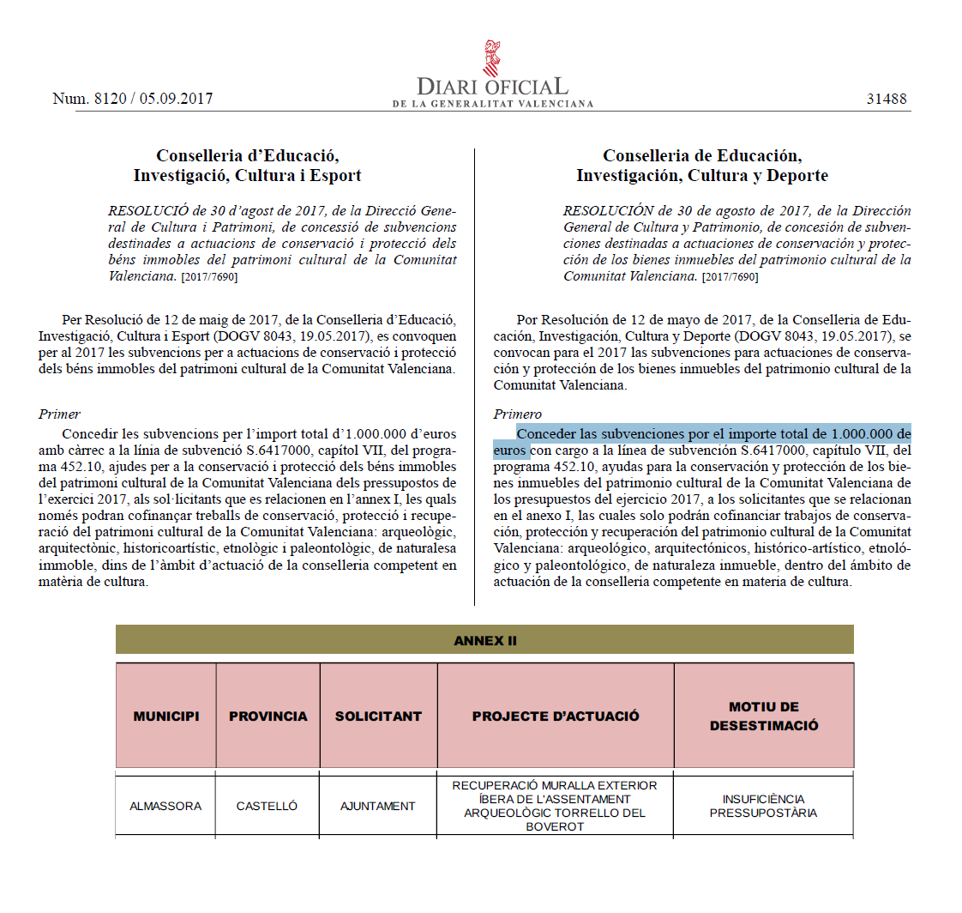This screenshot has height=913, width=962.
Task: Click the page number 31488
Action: point(886,99)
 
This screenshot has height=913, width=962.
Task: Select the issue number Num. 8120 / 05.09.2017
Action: point(133,99)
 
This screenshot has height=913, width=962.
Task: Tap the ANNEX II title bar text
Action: point(484,641)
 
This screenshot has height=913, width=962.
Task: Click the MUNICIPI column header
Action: point(166,716)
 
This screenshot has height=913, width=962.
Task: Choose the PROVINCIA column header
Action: point(268,716)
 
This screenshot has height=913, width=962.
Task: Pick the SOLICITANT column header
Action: point(378,716)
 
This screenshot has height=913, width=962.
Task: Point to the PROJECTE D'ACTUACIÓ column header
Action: point(556,716)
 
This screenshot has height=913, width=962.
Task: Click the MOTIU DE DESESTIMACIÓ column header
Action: point(764,716)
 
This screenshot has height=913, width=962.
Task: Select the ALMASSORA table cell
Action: point(165,806)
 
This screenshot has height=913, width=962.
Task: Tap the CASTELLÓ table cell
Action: point(268,806)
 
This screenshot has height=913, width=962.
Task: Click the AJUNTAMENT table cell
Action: point(378,806)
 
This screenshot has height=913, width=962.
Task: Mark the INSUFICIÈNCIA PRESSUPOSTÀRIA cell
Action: point(764,806)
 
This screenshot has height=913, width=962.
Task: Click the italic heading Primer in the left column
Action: point(59,414)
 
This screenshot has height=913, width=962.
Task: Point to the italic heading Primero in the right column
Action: point(518,414)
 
